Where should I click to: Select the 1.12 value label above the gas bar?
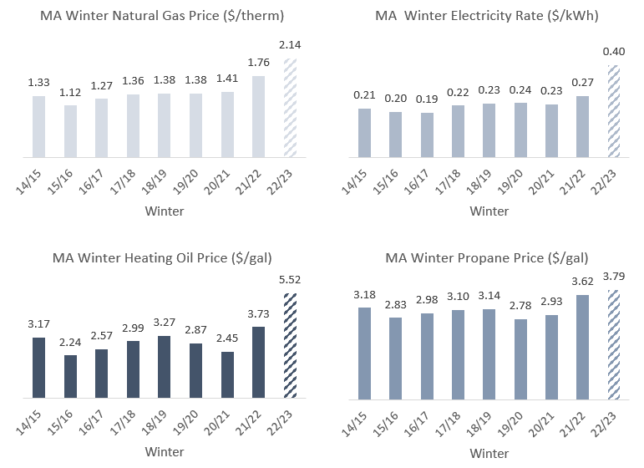point(71,93)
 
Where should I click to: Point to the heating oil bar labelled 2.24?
point(70,376)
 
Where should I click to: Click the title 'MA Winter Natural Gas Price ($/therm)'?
point(160,14)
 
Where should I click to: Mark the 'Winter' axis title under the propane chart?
point(489,454)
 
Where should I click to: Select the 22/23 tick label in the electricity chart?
point(612,179)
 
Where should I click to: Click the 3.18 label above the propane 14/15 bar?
point(363,295)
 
